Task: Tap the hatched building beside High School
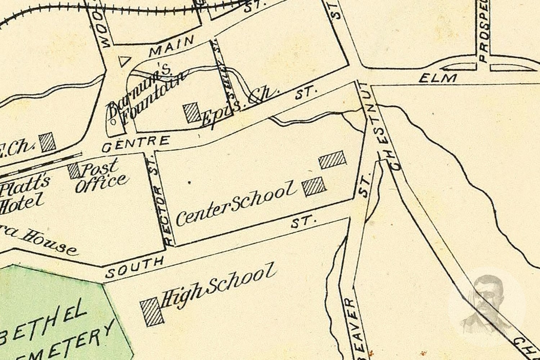(152, 312)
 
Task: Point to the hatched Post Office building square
(75, 171)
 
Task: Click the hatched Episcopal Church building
(193, 113)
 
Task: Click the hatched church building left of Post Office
(48, 142)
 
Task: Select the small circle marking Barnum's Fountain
(113, 122)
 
